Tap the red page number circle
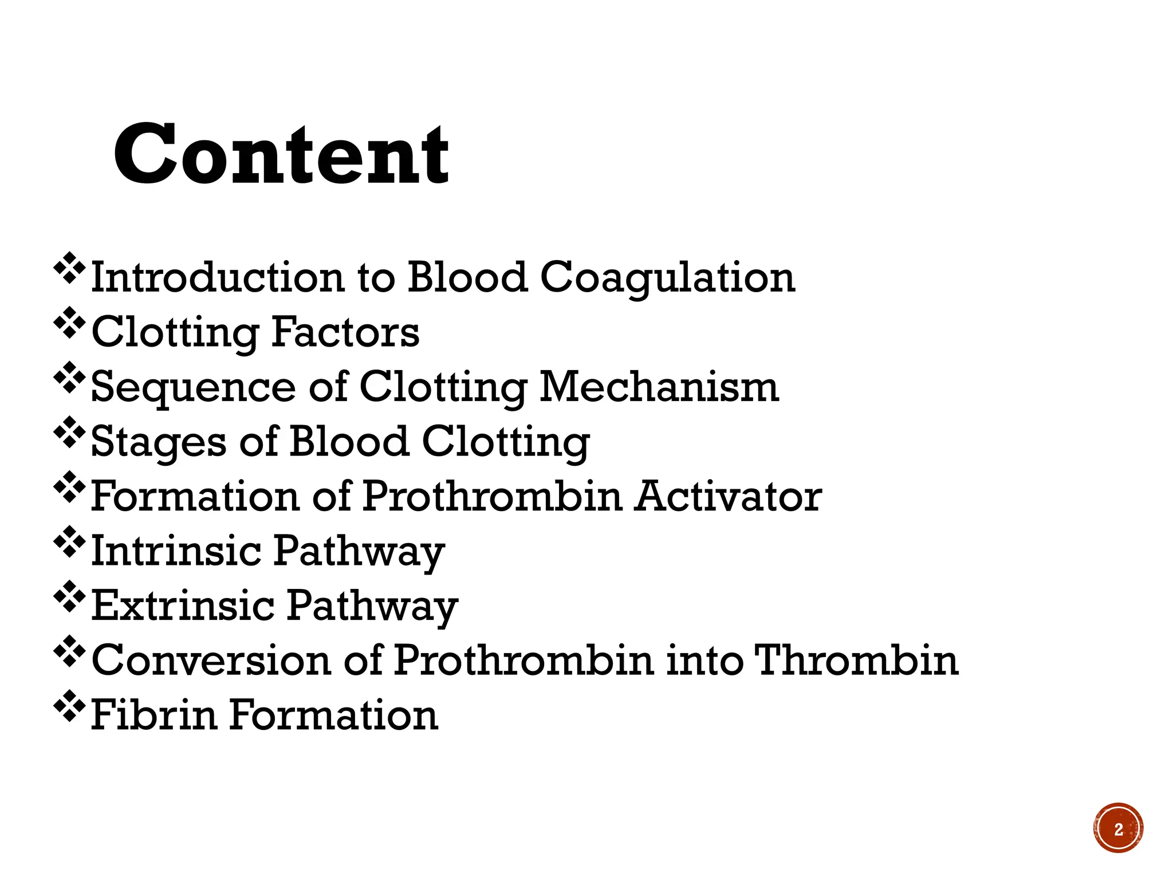1118,828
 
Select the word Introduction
218,278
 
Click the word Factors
345,332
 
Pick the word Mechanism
659,387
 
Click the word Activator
729,496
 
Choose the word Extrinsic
183,606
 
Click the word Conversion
211,661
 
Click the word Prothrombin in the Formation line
492,496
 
